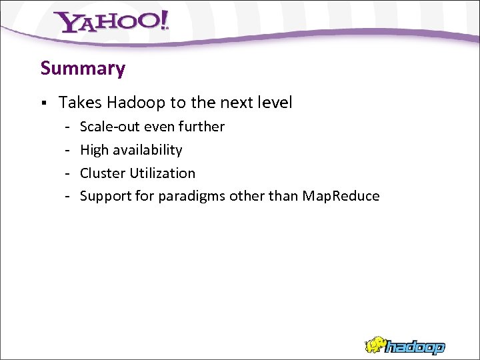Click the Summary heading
tap(83, 69)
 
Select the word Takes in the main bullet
tap(80, 103)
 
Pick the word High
tap(94, 150)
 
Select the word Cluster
tap(103, 173)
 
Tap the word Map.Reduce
tap(341, 196)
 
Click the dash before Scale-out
tap(68, 127)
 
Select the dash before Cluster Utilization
tap(68, 173)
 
